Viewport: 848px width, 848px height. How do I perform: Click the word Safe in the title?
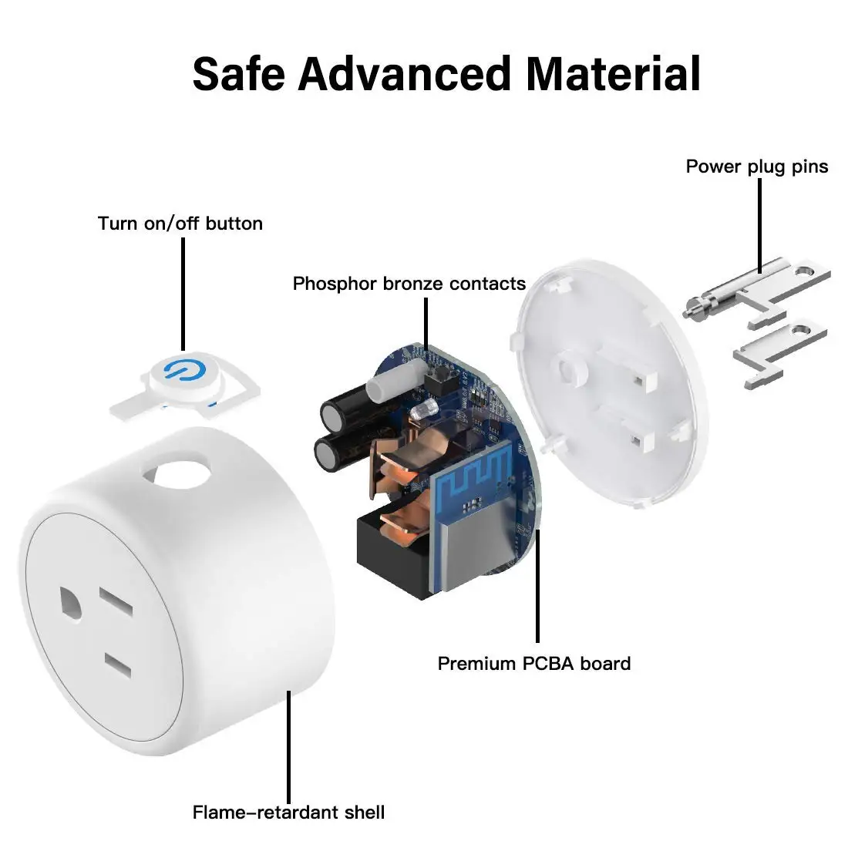click(x=238, y=74)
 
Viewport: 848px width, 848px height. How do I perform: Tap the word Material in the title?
click(x=614, y=74)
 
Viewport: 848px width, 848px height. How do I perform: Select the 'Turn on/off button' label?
click(x=180, y=224)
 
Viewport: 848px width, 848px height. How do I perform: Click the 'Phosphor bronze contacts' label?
click(x=409, y=284)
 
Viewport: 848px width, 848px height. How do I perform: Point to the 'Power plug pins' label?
click(x=756, y=167)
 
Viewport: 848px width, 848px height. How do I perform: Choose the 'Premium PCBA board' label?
click(x=533, y=664)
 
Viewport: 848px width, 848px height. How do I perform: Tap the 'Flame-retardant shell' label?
click(x=288, y=813)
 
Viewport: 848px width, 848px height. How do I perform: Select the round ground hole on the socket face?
click(x=71, y=604)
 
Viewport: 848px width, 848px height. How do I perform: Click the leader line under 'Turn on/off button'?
click(x=183, y=294)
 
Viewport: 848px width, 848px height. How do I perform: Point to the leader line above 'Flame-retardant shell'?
click(x=289, y=747)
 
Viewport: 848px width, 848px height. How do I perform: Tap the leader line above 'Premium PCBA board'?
click(x=537, y=585)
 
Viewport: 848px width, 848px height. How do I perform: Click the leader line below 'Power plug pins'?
click(x=760, y=226)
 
